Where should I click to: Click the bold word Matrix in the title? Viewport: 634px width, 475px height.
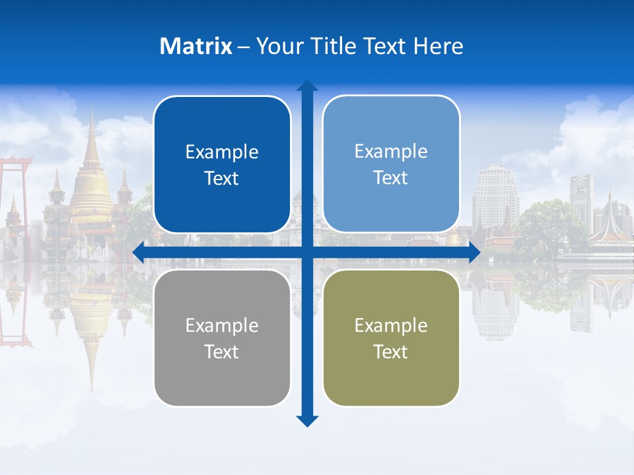196,46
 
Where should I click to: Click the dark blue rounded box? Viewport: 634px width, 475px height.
222,164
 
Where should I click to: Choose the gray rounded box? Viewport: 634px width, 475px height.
222,338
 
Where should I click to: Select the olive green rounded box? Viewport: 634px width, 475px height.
391,338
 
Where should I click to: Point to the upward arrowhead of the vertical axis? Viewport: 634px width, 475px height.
307,86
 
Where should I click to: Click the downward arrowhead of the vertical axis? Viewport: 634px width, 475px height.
307,421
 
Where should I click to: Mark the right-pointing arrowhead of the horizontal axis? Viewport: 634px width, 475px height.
474,253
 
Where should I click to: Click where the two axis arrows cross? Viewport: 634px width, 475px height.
307,253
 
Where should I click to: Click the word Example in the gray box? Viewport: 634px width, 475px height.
222,325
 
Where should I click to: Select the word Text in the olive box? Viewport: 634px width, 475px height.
391,352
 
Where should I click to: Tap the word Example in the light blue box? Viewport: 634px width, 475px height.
391,151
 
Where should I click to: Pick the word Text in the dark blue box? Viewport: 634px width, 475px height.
222,178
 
